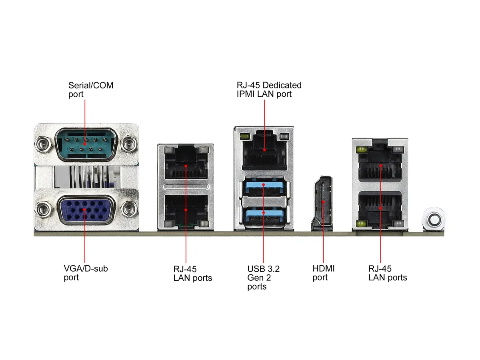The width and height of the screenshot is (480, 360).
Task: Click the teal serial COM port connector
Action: [x=86, y=144]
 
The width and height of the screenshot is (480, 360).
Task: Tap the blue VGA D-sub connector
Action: [x=86, y=210]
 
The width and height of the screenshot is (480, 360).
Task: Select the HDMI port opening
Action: [x=323, y=201]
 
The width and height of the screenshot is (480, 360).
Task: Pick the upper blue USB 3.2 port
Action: [x=264, y=186]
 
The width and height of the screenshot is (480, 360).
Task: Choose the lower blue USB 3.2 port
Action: [x=264, y=215]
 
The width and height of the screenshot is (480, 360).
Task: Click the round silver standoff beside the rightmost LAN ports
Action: [x=434, y=219]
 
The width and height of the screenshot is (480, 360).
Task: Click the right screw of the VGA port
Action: [x=129, y=209]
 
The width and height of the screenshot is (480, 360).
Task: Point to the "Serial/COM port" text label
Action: [x=91, y=90]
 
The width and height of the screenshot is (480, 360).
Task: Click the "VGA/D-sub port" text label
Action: [x=86, y=273]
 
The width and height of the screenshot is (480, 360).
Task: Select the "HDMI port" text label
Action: [x=324, y=273]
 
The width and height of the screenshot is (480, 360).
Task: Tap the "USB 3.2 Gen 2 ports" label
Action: [x=263, y=278]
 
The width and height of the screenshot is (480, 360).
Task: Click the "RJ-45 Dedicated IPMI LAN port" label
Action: [x=269, y=89]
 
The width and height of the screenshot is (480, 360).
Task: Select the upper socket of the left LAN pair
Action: [x=186, y=163]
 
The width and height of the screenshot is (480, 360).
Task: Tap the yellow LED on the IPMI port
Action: [x=244, y=137]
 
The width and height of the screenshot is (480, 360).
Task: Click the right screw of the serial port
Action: [x=129, y=144]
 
